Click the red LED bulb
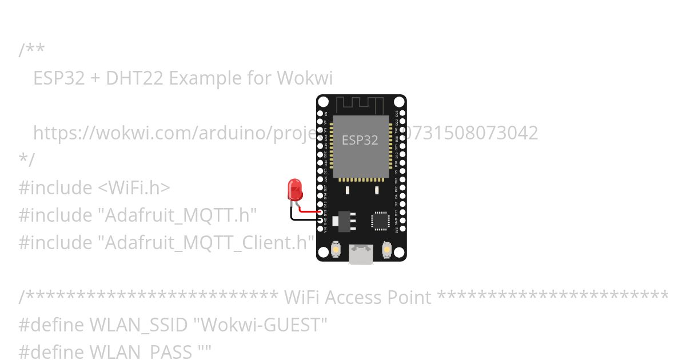tap(295, 188)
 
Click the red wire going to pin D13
tap(309, 211)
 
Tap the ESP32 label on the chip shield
tap(360, 140)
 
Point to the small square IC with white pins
tap(380, 221)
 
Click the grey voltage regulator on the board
tap(345, 221)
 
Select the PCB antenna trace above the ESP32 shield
tap(360, 105)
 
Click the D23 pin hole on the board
tap(402, 113)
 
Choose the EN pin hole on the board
tap(320, 113)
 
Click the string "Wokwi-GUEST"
tap(261, 325)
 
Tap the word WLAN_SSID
tap(139, 325)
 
